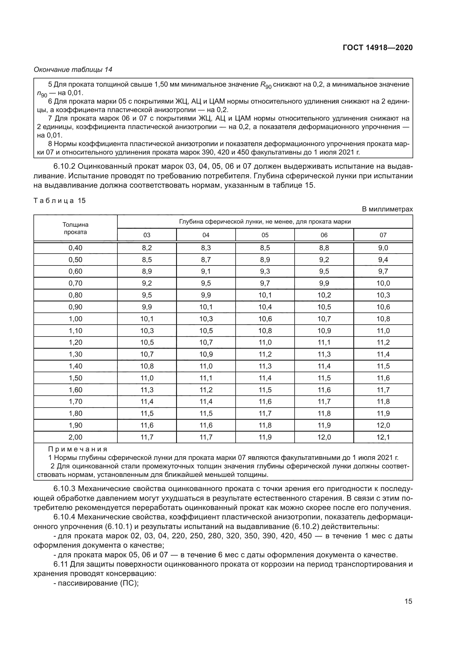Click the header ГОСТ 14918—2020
377,48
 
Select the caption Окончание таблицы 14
73,70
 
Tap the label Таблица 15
60,200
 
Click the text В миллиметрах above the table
387,209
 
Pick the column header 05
265,235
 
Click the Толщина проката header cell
75,228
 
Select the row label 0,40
75,248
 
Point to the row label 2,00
75,437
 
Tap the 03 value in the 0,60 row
147,271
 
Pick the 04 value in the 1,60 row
206,390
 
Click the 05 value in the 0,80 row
265,295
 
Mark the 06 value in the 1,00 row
324,319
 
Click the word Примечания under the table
78,449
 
